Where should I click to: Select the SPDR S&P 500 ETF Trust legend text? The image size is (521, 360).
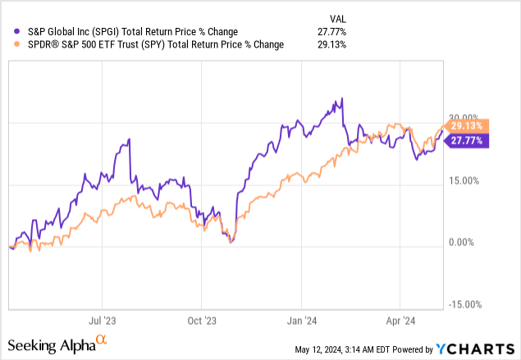(151, 45)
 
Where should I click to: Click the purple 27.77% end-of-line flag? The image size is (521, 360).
(469, 142)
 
